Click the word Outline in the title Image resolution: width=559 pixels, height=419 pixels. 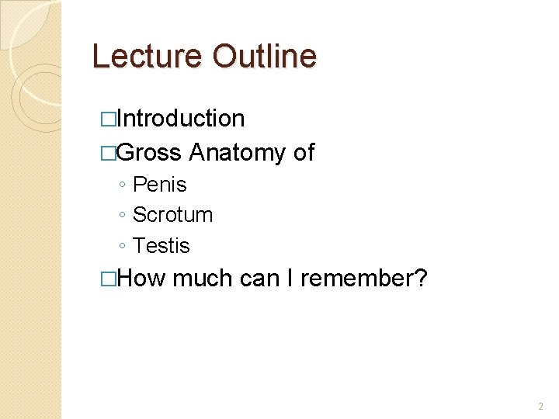[x=264, y=57]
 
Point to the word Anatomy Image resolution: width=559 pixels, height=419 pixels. [x=237, y=152]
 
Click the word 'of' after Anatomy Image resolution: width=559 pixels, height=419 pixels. [x=304, y=152]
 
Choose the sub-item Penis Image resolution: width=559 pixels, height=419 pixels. [x=160, y=185]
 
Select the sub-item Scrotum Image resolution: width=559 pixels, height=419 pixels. [x=172, y=215]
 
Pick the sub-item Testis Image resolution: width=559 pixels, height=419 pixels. [x=161, y=246]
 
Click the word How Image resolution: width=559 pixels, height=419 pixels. [x=142, y=279]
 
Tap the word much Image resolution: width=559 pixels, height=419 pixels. [x=203, y=279]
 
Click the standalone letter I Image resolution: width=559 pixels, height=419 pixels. [x=290, y=279]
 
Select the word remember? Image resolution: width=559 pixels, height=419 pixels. [x=363, y=279]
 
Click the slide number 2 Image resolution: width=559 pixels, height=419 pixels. [x=540, y=407]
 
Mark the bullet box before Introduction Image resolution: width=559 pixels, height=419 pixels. [x=108, y=119]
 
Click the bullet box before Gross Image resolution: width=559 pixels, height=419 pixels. [x=108, y=153]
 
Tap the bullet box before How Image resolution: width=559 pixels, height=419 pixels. [x=108, y=279]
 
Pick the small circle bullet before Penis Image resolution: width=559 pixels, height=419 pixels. [x=123, y=185]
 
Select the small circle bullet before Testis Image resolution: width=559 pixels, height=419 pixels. [x=123, y=247]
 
